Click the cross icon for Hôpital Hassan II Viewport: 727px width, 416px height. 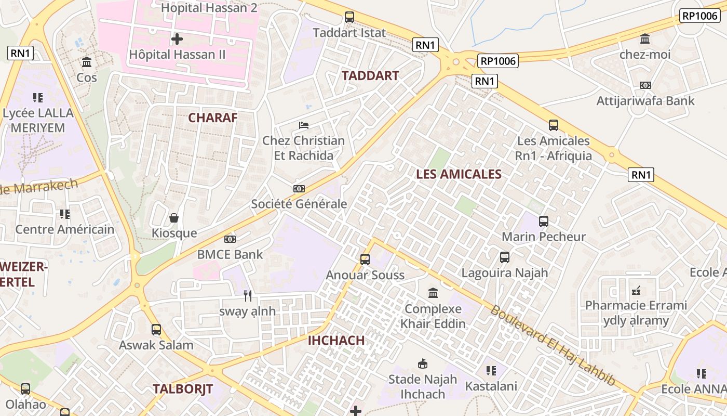click(x=177, y=39)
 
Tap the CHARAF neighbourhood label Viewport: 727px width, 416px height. click(x=212, y=118)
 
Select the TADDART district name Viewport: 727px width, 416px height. click(x=370, y=75)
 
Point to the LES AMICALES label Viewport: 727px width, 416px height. click(x=459, y=174)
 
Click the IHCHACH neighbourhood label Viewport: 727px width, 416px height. click(x=336, y=341)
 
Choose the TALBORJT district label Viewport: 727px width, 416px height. click(x=183, y=388)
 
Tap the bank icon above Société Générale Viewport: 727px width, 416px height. click(x=299, y=189)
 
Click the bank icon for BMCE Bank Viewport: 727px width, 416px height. click(x=230, y=239)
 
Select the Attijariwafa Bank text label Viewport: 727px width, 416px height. click(x=645, y=101)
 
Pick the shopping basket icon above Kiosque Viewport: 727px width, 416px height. click(x=174, y=218)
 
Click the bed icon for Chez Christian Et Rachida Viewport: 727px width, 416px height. click(x=304, y=125)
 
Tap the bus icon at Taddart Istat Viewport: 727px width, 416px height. click(x=349, y=17)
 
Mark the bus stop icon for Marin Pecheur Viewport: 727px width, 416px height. click(x=544, y=222)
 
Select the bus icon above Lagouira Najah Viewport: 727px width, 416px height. click(x=505, y=257)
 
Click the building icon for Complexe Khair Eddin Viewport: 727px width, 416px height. click(x=433, y=293)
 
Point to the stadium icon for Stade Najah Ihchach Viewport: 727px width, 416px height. click(x=423, y=364)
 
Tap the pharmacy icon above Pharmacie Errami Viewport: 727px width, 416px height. click(x=636, y=290)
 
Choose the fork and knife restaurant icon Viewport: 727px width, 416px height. click(x=248, y=296)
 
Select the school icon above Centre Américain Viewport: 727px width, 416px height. click(x=65, y=214)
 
